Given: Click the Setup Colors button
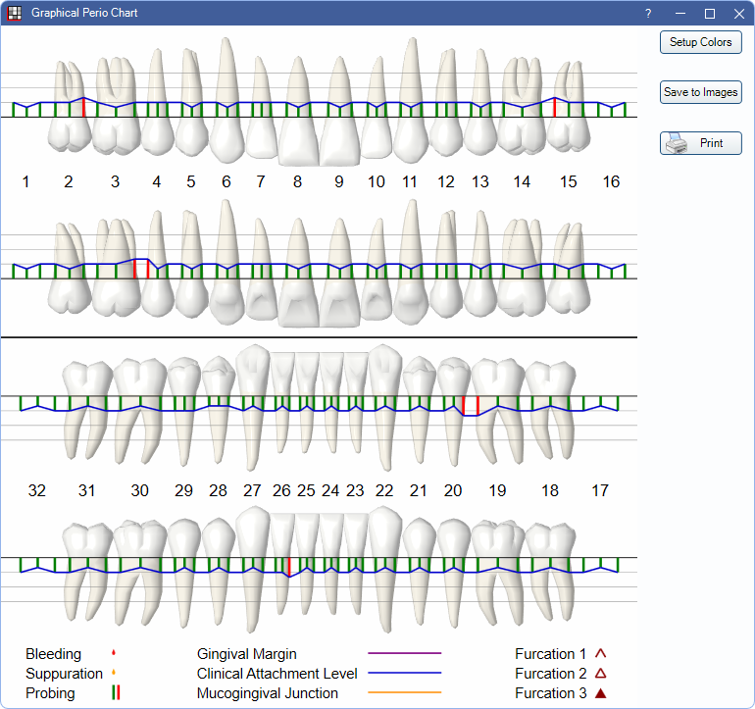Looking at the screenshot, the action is tap(701, 42).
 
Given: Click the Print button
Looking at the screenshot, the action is tap(701, 143).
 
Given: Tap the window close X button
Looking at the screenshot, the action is tap(739, 14).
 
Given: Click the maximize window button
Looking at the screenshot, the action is tap(710, 14).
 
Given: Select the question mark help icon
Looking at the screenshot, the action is tap(648, 14).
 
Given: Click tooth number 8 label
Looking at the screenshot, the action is tap(297, 181).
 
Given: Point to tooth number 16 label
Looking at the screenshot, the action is tap(611, 181).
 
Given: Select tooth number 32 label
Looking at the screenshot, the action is tap(36, 490).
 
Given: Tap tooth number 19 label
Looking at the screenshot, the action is tap(497, 490).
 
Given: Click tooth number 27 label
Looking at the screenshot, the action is tap(252, 490).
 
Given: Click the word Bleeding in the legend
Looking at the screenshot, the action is tap(54, 654).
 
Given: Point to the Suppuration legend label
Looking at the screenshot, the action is tap(64, 674).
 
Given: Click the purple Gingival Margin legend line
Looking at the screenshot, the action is tap(404, 653).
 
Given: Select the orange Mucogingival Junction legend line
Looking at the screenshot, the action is tap(404, 692).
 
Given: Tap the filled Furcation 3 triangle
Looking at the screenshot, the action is tap(600, 693).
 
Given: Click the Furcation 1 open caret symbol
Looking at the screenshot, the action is tap(600, 654).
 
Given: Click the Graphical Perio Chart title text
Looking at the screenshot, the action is tap(84, 13).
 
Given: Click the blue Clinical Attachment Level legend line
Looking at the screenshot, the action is tap(404, 673).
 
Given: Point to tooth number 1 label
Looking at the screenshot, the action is tap(26, 181).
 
